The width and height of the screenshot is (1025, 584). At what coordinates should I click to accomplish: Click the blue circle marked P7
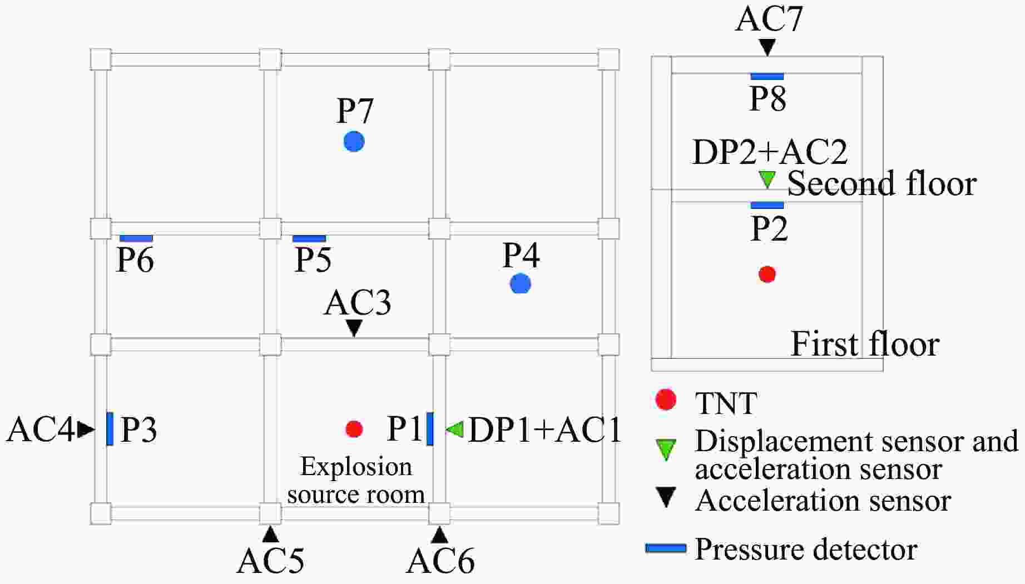coord(354,142)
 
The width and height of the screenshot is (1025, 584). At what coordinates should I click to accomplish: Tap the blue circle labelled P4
coord(521,284)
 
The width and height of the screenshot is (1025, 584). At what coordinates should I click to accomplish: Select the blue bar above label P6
coord(136,238)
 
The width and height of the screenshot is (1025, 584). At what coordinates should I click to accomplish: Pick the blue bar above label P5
coord(309,238)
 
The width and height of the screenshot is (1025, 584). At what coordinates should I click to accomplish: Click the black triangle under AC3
coord(354,328)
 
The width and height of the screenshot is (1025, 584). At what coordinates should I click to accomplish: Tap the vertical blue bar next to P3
coord(110,428)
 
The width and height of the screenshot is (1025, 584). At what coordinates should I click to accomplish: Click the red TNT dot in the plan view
coord(354,428)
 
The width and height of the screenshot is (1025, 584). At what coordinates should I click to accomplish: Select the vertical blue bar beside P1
coord(430,428)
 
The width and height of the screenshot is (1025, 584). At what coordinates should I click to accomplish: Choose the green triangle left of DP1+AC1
coord(455,428)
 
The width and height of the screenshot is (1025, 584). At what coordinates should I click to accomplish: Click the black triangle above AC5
coord(270,535)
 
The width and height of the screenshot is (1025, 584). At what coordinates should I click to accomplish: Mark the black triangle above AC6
coord(439,535)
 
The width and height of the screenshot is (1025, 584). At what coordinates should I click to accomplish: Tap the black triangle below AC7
coord(767,47)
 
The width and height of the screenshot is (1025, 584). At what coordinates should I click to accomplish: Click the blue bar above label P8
coord(767,77)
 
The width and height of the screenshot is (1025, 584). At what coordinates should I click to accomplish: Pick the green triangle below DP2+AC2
coord(767,179)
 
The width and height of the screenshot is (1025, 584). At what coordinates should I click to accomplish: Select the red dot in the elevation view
coord(767,274)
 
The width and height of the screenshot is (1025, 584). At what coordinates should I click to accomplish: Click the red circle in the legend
coord(666,400)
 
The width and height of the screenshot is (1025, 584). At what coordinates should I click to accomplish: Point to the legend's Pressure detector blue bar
coord(666,548)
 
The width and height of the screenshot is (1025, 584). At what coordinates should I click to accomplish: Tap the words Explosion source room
coord(356,481)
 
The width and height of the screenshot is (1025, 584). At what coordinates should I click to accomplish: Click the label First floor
coord(865,344)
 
